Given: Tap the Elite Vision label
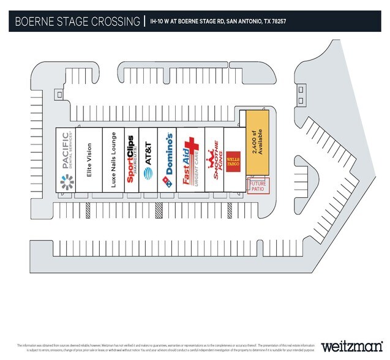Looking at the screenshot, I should (89, 160).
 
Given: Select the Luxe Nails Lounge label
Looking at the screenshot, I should (113, 160).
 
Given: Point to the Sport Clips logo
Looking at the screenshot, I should (131, 159).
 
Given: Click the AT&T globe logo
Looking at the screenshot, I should (148, 173).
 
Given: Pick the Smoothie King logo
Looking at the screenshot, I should (214, 160).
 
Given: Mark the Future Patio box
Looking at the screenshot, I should (257, 185).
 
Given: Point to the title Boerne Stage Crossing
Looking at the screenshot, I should (77, 22).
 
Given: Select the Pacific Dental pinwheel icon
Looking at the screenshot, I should (66, 182).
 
